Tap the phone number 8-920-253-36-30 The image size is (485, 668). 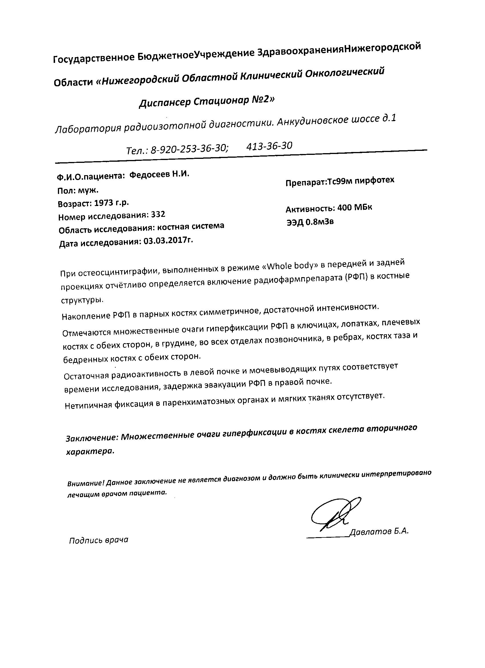click(x=189, y=149)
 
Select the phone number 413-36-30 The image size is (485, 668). click(x=269, y=146)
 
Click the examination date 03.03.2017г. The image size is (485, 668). click(x=169, y=241)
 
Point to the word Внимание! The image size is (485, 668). click(x=86, y=483)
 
